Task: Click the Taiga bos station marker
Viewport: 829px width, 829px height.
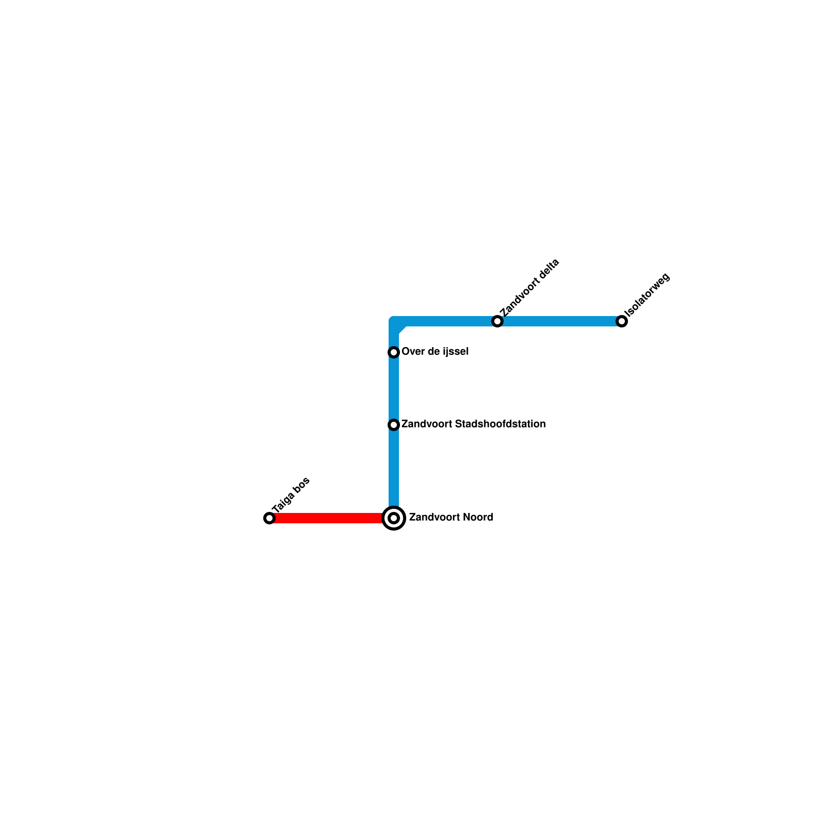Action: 269,518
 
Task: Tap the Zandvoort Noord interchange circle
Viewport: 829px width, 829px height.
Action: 394,518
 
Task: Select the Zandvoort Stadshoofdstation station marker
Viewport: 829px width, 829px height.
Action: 394,425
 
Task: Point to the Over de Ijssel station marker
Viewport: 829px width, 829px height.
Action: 394,352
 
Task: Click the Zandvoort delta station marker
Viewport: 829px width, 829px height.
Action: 497,321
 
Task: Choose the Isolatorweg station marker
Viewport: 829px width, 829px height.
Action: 622,321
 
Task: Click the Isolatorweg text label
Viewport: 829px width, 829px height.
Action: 648,294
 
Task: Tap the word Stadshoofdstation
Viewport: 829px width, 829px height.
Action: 500,424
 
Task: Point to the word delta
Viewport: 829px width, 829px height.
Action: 547,270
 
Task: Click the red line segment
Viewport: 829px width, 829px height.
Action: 332,518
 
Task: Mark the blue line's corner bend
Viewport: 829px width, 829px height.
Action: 395,322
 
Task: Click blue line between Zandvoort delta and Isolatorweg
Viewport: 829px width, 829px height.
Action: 560,321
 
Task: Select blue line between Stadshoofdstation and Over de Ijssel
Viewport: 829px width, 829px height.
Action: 394,389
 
